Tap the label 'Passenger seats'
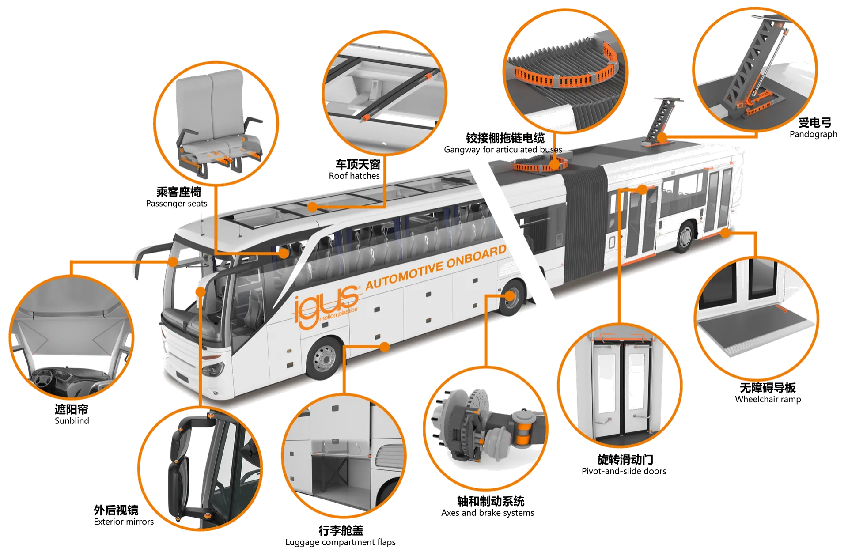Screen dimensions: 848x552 pyautogui.click(x=177, y=204)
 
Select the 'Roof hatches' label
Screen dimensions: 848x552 pyautogui.click(x=354, y=176)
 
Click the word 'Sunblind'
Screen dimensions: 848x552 pyautogui.click(x=72, y=421)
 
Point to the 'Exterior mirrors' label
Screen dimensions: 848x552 pyautogui.click(x=124, y=522)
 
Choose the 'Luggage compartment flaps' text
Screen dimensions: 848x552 pyautogui.click(x=341, y=542)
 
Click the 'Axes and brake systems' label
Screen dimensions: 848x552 pyautogui.click(x=488, y=513)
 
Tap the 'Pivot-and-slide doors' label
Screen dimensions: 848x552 pyautogui.click(x=624, y=471)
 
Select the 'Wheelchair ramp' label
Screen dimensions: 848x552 pyautogui.click(x=768, y=399)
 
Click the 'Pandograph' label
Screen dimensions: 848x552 pyautogui.click(x=814, y=134)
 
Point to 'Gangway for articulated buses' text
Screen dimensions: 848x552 pyautogui.click(x=503, y=150)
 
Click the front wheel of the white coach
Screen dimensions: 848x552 pyautogui.click(x=325, y=359)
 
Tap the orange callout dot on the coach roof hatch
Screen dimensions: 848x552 pyautogui.click(x=313, y=207)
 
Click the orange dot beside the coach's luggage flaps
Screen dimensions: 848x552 pyautogui.click(x=385, y=347)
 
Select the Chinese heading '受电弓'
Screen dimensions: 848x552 pyautogui.click(x=815, y=122)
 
